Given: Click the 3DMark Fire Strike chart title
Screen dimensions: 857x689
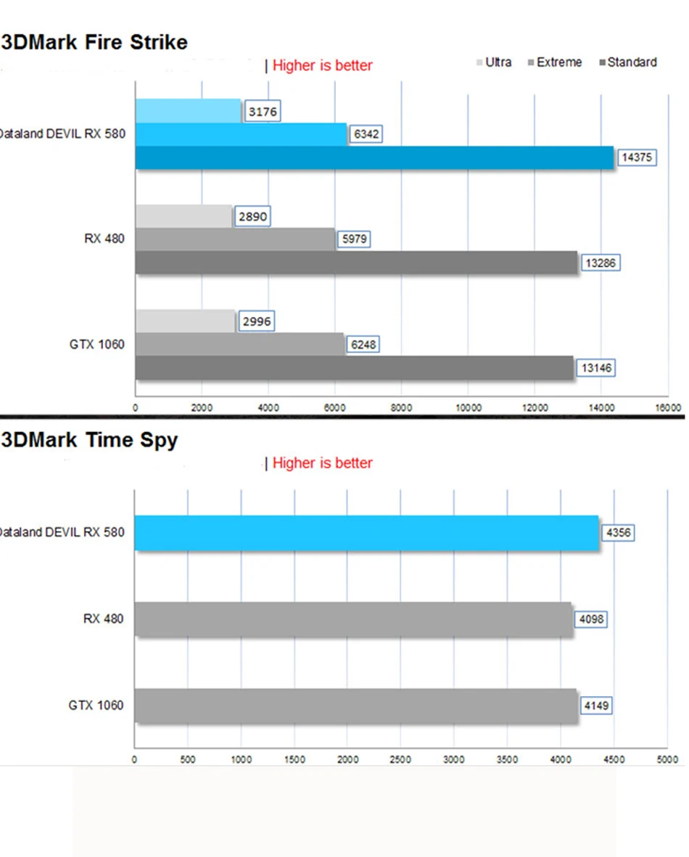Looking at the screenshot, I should pyautogui.click(x=94, y=42).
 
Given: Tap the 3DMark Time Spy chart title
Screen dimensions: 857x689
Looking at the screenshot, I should pyautogui.click(x=89, y=440).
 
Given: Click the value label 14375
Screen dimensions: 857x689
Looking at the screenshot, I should pyautogui.click(x=637, y=157).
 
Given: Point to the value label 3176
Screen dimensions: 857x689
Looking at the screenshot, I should pyautogui.click(x=262, y=112).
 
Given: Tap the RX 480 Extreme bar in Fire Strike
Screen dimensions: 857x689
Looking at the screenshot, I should pyautogui.click(x=236, y=239).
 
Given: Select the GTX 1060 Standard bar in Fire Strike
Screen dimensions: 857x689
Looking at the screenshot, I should pyautogui.click(x=354, y=368).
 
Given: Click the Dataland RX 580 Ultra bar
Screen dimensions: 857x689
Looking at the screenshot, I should pyautogui.click(x=188, y=111).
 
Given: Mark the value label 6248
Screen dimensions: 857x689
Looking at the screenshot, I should pyautogui.click(x=364, y=344).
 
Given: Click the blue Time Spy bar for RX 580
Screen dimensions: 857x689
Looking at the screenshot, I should pyautogui.click(x=366, y=533).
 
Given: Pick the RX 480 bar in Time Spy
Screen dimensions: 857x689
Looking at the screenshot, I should pyautogui.click(x=353, y=619).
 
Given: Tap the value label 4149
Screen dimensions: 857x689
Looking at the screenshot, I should pyautogui.click(x=596, y=705).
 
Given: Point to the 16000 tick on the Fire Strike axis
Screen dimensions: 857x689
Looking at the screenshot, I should pyautogui.click(x=667, y=407).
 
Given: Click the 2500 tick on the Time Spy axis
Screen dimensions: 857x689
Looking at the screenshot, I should pyautogui.click(x=400, y=759).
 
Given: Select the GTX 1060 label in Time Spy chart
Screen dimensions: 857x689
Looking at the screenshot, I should pyautogui.click(x=96, y=705).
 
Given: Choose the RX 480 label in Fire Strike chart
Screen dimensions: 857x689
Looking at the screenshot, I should pyautogui.click(x=104, y=239).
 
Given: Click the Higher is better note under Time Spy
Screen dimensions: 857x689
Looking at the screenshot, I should pyautogui.click(x=322, y=463).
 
